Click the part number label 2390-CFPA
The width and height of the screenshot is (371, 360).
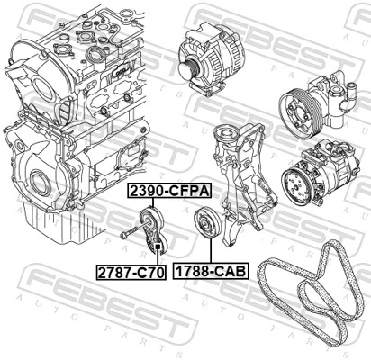coord(168,192)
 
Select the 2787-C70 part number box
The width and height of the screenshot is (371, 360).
coord(131,270)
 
